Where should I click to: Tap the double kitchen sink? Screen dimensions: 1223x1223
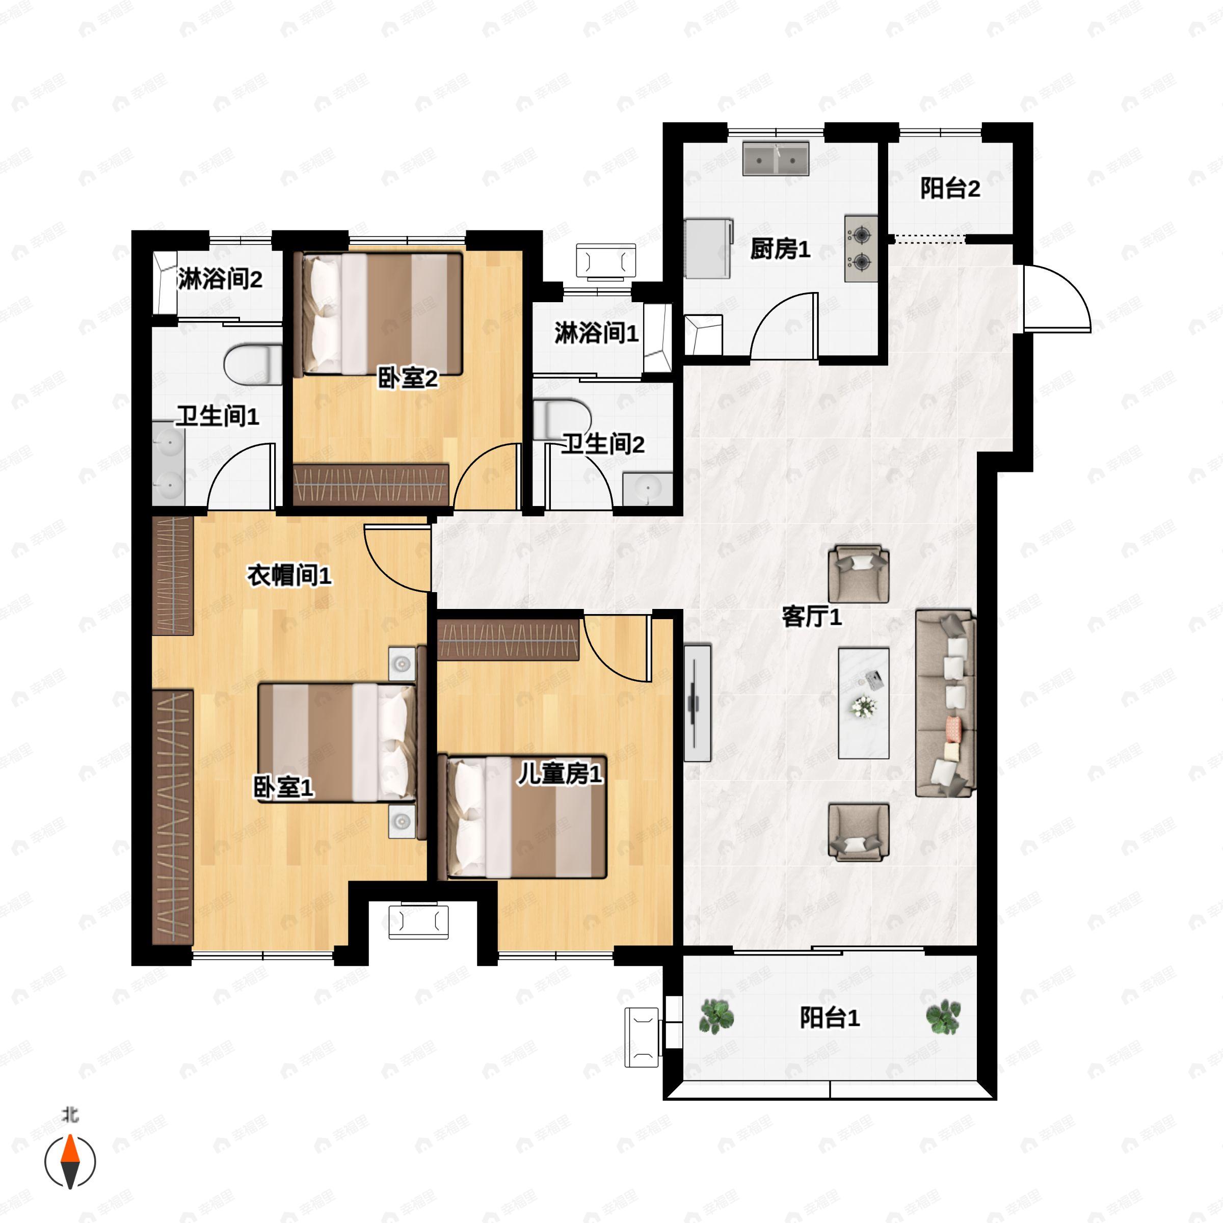776,158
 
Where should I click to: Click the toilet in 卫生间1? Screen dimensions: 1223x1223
253,364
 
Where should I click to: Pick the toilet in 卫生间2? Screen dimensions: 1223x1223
562,419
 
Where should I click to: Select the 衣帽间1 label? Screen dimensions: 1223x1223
289,575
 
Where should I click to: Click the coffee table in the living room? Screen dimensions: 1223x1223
863,703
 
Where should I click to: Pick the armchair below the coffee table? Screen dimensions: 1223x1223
858,833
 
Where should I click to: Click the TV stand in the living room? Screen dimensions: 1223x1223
698,703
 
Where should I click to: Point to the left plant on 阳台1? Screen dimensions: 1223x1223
716,1017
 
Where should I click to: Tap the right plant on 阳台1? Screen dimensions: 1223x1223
943,1017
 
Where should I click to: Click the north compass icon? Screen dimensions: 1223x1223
70,1162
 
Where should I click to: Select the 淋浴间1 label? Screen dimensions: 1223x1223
596,333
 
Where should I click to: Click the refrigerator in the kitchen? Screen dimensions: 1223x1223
708,248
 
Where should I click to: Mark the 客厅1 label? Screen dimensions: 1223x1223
812,617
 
